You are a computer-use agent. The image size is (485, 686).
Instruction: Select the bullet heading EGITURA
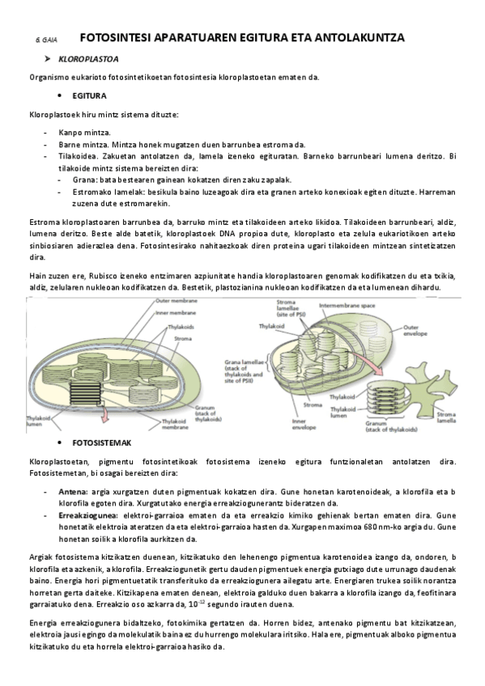(x=88, y=95)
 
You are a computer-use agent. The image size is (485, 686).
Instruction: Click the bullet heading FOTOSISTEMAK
(x=100, y=444)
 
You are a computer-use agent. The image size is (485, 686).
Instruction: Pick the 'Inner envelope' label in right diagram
(x=304, y=424)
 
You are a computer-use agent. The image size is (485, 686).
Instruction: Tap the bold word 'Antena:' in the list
(x=74, y=491)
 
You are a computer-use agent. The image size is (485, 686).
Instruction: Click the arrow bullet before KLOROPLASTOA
(x=48, y=59)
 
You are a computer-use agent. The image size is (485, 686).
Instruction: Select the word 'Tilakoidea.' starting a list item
(x=77, y=155)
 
